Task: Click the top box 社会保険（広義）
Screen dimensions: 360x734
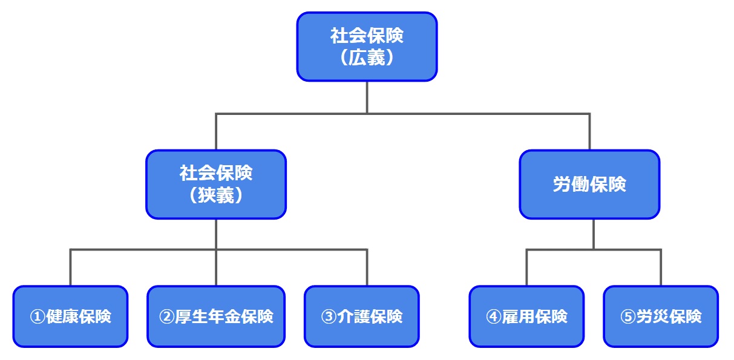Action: pyautogui.click(x=366, y=47)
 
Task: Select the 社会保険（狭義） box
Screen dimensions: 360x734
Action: pyautogui.click(x=215, y=185)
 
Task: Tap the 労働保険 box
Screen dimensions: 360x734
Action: pyautogui.click(x=589, y=185)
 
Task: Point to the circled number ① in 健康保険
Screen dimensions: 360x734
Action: pyautogui.click(x=38, y=317)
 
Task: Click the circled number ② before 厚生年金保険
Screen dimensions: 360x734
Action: pyautogui.click(x=166, y=317)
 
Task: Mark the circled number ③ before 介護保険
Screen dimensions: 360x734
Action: pyautogui.click(x=328, y=317)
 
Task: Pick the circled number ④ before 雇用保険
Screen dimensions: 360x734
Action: pyautogui.click(x=493, y=317)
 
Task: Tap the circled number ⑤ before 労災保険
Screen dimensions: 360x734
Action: pyautogui.click(x=628, y=317)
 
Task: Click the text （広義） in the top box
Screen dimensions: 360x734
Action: pyautogui.click(x=366, y=57)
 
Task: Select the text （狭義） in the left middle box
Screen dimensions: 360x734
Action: pyautogui.click(x=215, y=195)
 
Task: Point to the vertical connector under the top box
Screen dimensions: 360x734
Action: pyautogui.click(x=367, y=97)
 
